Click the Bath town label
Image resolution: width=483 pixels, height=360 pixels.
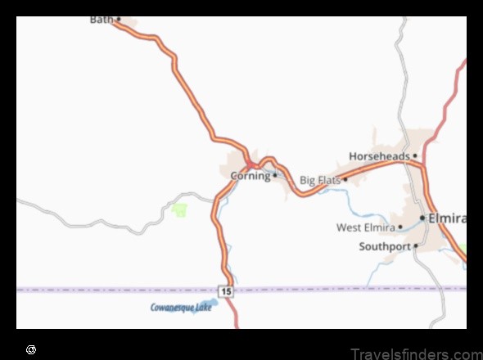(x=102, y=19)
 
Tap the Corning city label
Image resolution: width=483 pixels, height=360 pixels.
(x=250, y=176)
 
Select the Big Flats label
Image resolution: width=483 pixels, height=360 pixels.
(x=319, y=180)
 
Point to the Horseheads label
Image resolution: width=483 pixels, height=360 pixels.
(x=379, y=155)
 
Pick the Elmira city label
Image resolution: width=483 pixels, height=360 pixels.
(x=449, y=219)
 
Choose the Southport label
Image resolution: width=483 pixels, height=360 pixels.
(x=384, y=245)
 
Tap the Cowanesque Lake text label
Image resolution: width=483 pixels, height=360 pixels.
(x=181, y=308)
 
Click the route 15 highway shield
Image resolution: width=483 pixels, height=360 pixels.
(x=226, y=290)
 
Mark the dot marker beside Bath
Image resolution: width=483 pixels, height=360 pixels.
(x=118, y=19)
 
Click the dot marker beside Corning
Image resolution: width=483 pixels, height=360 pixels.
(x=275, y=175)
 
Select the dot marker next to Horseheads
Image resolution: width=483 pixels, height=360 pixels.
(x=415, y=155)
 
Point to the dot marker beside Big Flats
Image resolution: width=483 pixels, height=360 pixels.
(x=345, y=179)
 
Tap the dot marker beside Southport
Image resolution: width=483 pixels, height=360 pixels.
(x=415, y=245)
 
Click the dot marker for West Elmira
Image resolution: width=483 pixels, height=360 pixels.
(x=401, y=227)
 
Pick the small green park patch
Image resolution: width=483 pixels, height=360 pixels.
(x=179, y=210)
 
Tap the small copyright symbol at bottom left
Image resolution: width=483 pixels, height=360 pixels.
(x=31, y=349)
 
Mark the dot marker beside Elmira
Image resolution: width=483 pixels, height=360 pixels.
(x=422, y=218)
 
